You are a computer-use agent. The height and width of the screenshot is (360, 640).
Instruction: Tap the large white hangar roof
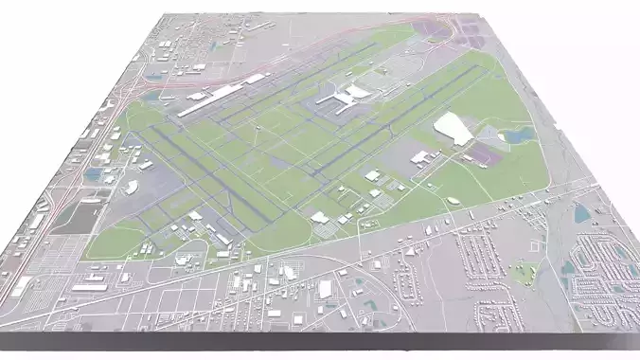453,128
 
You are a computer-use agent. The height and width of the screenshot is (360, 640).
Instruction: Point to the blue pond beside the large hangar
517,136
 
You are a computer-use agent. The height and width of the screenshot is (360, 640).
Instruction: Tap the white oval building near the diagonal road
453,201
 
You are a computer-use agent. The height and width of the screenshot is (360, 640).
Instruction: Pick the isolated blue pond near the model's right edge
580,214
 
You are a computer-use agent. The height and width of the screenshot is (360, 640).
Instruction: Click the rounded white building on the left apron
130,187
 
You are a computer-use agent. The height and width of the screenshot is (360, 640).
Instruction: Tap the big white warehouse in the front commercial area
325,289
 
